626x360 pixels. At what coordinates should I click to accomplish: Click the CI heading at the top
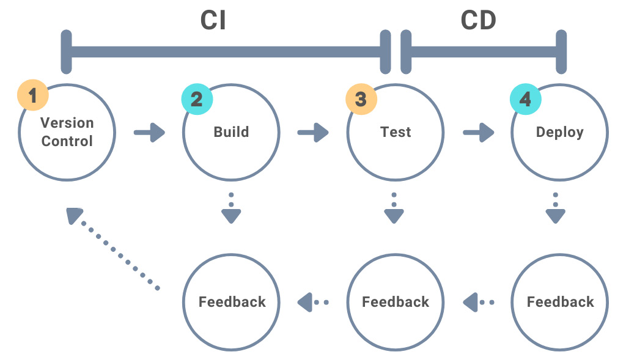pos(213,20)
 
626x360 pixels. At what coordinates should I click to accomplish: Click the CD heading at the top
pos(478,20)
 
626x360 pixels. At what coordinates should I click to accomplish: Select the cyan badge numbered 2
pos(196,99)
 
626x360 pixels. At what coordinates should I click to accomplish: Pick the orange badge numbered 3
pos(361,99)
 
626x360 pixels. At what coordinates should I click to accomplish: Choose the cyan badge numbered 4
pos(525,99)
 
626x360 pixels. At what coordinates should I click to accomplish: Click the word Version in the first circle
pos(67,122)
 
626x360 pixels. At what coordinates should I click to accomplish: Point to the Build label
pos(231,132)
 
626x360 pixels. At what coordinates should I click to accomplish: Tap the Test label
pos(396,132)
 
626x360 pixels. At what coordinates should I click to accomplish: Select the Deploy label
pos(559,132)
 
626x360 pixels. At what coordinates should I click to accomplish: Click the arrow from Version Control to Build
pos(150,132)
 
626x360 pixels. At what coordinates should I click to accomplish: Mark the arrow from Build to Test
pos(313,132)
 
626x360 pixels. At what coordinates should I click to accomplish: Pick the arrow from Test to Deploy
pos(479,132)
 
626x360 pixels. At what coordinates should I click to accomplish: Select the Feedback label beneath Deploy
pos(560,302)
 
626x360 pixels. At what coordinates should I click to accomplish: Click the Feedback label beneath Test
pos(396,302)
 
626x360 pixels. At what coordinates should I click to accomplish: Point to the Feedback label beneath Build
pos(232,302)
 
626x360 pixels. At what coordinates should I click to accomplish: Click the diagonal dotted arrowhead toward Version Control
pos(75,215)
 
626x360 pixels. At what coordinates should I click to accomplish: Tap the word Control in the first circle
pos(67,141)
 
